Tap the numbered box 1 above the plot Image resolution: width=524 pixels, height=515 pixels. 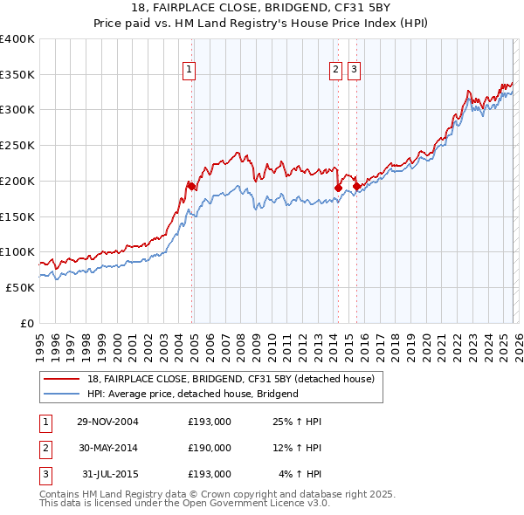pyautogui.click(x=189, y=72)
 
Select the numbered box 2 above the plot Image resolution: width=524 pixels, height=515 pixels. pyautogui.click(x=336, y=72)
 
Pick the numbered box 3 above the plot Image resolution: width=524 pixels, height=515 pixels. pyautogui.click(x=354, y=72)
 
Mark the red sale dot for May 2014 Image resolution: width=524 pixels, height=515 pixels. pyautogui.click(x=338, y=188)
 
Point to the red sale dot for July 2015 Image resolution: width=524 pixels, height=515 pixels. pyautogui.click(x=356, y=186)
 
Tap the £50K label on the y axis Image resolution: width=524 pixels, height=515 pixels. pyautogui.click(x=20, y=287)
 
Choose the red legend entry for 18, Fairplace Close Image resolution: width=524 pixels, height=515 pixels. pyautogui.click(x=231, y=379)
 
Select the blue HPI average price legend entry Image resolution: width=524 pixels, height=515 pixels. pyautogui.click(x=192, y=394)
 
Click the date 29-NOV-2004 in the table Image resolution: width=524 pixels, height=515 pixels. pyautogui.click(x=107, y=422)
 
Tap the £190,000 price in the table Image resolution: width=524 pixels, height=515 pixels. pyautogui.click(x=210, y=448)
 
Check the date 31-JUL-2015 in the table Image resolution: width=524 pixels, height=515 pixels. pyautogui.click(x=107, y=474)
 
